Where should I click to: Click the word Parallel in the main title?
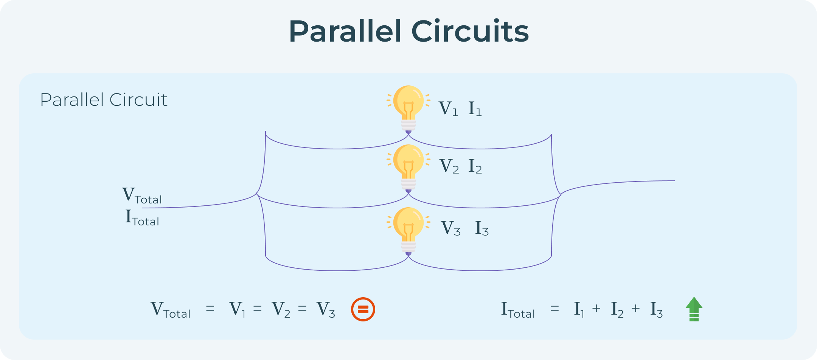(x=345, y=31)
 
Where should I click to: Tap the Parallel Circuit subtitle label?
(x=103, y=100)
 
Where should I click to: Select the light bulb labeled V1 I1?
(x=408, y=108)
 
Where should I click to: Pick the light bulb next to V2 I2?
(x=408, y=167)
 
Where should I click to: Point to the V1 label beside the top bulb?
(x=448, y=109)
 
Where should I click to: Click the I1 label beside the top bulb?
(x=475, y=109)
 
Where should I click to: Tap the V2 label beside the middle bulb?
(x=449, y=166)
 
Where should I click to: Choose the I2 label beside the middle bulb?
(x=475, y=166)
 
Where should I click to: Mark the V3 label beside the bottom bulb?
(x=450, y=228)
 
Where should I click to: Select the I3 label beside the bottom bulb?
(x=482, y=228)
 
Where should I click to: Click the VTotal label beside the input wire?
(x=142, y=196)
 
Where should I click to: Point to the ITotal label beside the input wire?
(x=142, y=218)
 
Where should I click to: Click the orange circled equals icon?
(x=363, y=309)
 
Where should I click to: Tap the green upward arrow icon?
(x=694, y=309)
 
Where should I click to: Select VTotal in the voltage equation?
(x=170, y=310)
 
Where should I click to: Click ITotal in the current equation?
(x=518, y=310)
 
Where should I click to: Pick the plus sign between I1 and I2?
(x=596, y=309)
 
